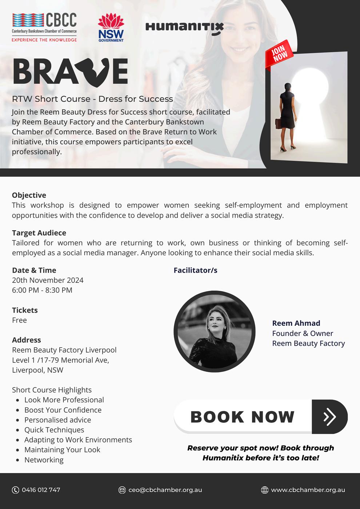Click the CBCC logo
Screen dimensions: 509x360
[x=44, y=27]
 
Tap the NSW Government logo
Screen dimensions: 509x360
[x=111, y=28]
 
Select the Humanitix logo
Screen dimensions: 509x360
[x=184, y=28]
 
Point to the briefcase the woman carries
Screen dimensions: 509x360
[x=279, y=124]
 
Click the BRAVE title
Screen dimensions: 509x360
[x=71, y=72]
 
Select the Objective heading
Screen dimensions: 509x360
[x=29, y=195]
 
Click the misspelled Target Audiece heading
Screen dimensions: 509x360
[x=39, y=233]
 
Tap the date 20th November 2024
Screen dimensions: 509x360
[x=48, y=280]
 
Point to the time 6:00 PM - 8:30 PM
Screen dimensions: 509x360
[x=42, y=290]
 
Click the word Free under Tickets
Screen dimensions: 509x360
[x=19, y=320]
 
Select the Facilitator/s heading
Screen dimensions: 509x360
[x=195, y=270]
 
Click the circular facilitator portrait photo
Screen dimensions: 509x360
[x=214, y=331]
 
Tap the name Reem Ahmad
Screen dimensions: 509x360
[x=296, y=323]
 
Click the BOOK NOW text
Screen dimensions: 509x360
[x=242, y=417]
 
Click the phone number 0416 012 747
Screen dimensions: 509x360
[x=41, y=490]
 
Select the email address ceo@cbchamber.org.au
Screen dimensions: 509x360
[x=165, y=490]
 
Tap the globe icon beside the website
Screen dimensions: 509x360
[x=265, y=490]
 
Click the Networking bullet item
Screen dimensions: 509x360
[x=44, y=460]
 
